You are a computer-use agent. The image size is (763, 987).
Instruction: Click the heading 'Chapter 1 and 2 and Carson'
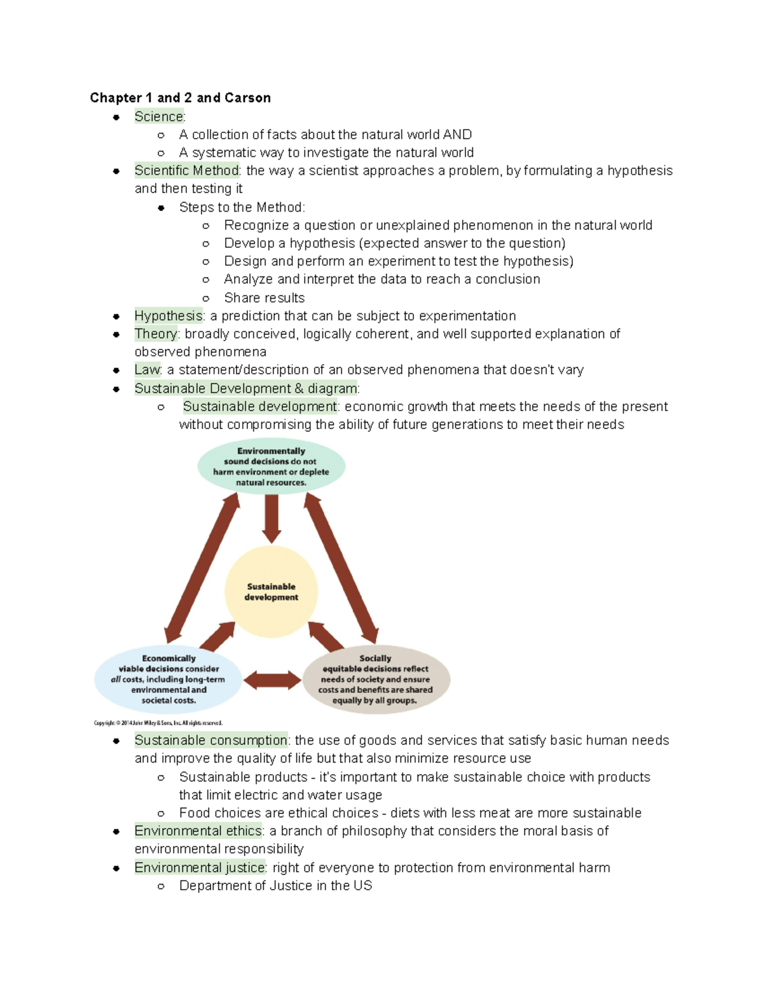181,98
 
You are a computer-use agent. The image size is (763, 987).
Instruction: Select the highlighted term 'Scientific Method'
186,170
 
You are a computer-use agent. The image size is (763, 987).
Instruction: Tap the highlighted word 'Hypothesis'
168,316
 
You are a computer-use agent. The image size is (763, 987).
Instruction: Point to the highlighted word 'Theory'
156,334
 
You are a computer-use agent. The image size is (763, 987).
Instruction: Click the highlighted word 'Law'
147,370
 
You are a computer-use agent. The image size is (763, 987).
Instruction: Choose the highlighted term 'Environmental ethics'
198,831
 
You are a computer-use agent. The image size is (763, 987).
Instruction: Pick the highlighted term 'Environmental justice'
200,868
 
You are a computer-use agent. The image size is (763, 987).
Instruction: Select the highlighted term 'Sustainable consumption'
210,740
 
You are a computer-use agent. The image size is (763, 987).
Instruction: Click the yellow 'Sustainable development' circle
272,592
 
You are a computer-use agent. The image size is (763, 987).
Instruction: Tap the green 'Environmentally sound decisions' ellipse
272,466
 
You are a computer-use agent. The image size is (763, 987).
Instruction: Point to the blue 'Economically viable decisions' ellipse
168,679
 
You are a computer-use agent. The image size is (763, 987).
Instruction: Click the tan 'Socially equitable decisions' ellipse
376,679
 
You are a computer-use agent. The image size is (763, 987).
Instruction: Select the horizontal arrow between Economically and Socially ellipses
272,680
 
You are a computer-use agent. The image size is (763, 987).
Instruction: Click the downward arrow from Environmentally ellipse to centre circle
272,518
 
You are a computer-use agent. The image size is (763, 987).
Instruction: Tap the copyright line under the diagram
158,723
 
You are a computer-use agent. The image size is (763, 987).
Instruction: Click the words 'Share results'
264,298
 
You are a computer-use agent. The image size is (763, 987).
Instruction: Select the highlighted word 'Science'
158,116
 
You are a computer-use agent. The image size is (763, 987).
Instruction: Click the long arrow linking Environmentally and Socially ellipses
341,568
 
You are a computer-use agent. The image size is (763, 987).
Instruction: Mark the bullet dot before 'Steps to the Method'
162,208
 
